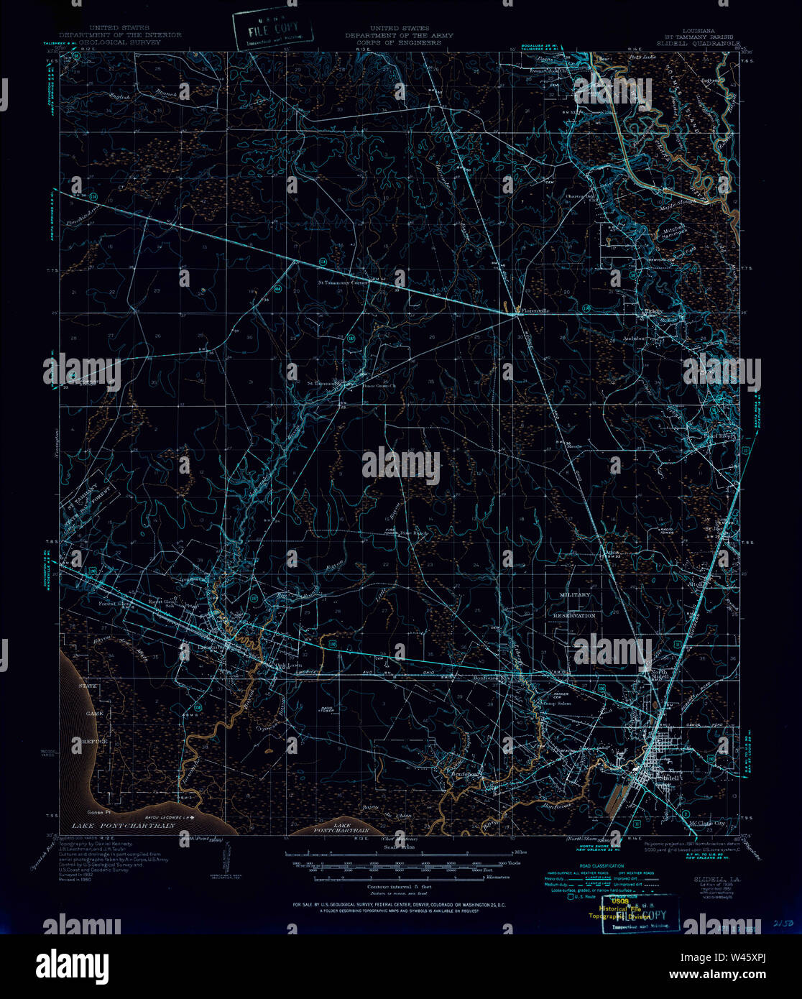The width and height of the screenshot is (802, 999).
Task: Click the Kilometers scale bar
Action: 402,878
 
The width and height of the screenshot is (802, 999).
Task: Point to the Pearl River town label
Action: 719,437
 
